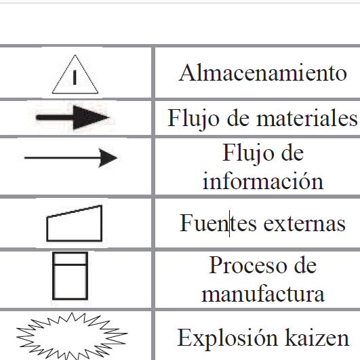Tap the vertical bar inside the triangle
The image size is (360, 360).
click(75, 77)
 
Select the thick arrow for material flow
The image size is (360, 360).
click(73, 117)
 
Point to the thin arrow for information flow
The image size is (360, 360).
click(71, 158)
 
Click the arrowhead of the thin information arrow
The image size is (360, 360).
click(107, 158)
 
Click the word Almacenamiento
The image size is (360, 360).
click(263, 73)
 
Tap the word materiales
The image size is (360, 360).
click(307, 118)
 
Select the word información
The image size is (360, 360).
click(263, 181)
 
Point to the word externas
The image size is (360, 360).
click(304, 224)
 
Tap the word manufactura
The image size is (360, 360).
click(263, 294)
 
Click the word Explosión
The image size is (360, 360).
click(227, 338)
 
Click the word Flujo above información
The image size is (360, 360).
click(248, 153)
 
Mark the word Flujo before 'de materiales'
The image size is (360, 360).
click(193, 119)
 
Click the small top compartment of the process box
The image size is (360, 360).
click(71, 258)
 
